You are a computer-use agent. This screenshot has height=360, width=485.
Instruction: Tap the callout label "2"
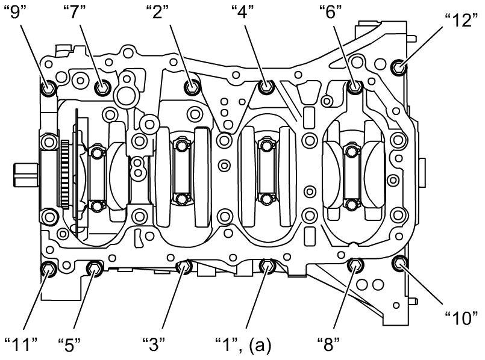pyautogui.click(x=158, y=12)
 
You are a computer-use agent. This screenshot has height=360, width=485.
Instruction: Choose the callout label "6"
pyautogui.click(x=331, y=12)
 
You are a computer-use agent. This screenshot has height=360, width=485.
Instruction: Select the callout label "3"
pyautogui.click(x=155, y=345)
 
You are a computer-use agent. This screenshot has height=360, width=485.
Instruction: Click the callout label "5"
pyautogui.click(x=69, y=345)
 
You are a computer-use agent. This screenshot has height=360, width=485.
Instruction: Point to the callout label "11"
pyautogui.click(x=20, y=345)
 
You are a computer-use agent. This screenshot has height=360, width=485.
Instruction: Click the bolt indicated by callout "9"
pyautogui.click(x=48, y=89)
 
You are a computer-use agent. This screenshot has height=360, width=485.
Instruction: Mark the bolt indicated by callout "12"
pyautogui.click(x=398, y=67)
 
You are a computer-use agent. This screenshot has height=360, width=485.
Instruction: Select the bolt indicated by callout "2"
pyautogui.click(x=192, y=88)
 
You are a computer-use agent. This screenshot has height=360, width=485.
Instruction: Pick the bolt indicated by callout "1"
pyautogui.click(x=267, y=265)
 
